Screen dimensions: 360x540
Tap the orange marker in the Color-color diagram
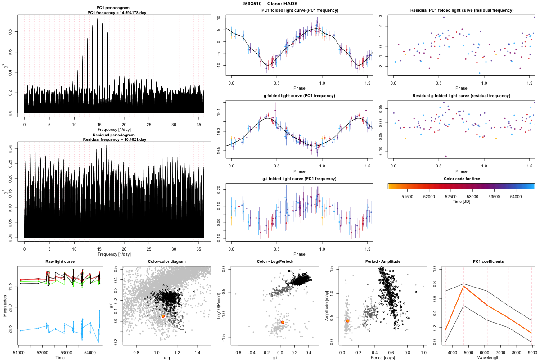tap(163, 316)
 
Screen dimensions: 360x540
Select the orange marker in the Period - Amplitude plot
tap(348, 321)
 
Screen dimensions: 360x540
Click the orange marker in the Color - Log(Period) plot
tap(283, 322)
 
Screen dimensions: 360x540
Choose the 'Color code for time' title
tap(461, 179)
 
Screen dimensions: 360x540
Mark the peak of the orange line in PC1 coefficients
tap(463, 286)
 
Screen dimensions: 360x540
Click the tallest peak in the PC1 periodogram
tap(97, 19)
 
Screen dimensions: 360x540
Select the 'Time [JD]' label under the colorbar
tap(461, 202)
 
